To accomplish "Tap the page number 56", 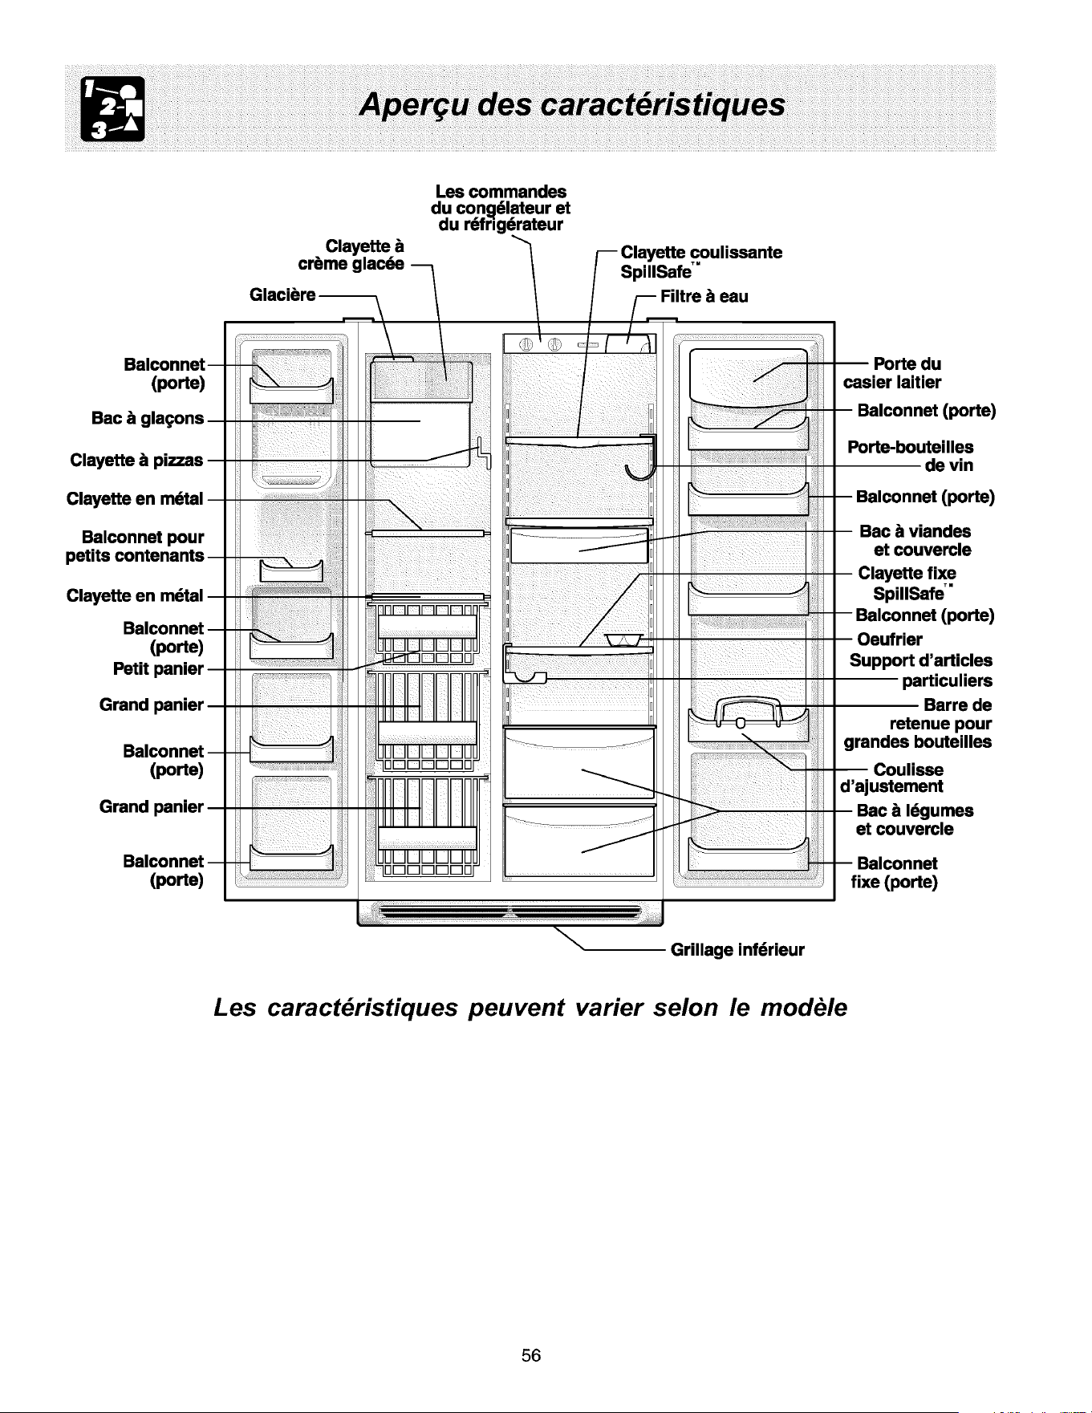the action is (x=531, y=1355).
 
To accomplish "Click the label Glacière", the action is (x=283, y=294).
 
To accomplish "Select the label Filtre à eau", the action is (x=704, y=296).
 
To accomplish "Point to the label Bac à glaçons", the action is (x=148, y=418).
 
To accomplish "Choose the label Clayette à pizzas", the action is (x=137, y=461).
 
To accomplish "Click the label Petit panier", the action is (x=159, y=668).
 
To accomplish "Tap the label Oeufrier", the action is (x=890, y=639).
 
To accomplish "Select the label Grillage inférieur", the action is (x=737, y=951).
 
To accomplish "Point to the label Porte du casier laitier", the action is (x=892, y=372).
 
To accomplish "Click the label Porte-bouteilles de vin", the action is (x=911, y=456).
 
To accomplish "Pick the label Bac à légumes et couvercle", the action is (x=915, y=819).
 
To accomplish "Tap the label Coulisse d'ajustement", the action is (x=891, y=778).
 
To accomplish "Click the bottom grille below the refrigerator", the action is (x=510, y=913).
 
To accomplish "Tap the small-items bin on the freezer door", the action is (x=291, y=569).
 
